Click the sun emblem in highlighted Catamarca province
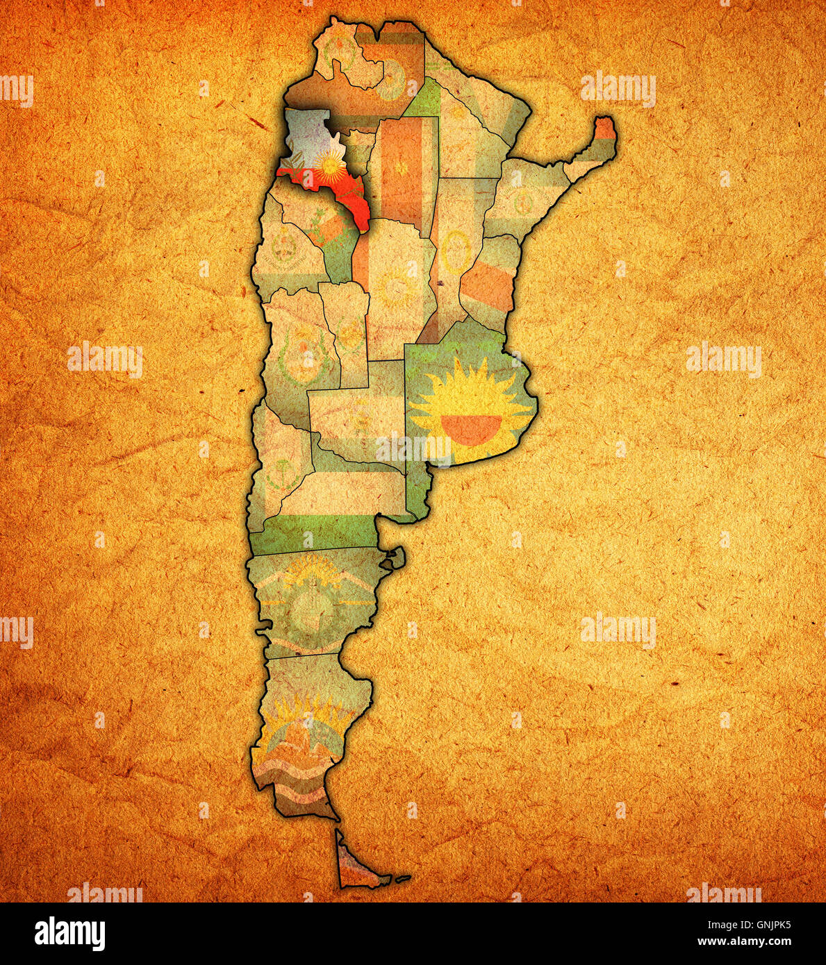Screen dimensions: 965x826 327,165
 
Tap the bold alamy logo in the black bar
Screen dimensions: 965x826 70,933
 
